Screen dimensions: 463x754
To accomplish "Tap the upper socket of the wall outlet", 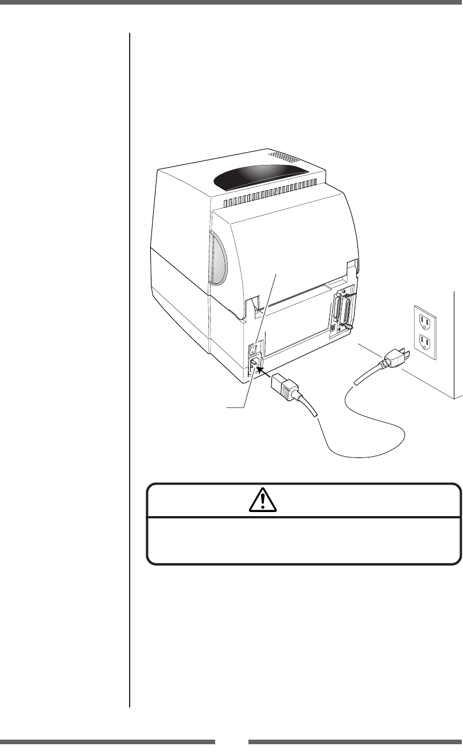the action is pyautogui.click(x=423, y=318).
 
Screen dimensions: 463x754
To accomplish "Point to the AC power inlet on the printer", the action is pyautogui.click(x=254, y=364).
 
